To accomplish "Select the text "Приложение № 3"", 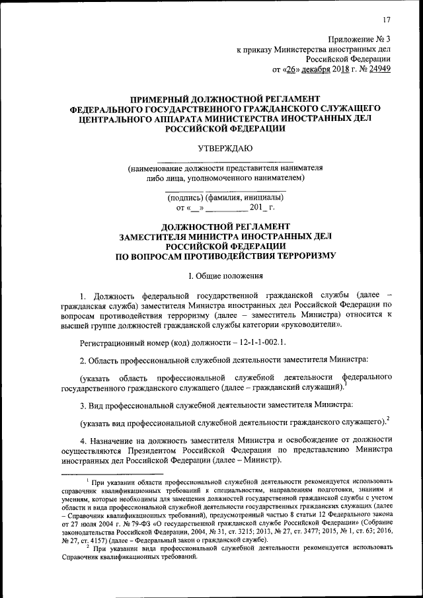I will point(359,39).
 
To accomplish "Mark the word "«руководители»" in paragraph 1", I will point(311,325).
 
